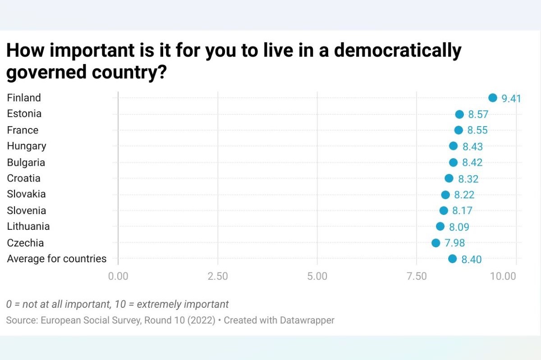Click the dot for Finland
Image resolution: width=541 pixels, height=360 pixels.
[492, 98]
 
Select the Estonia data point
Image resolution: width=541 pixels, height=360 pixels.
[459, 114]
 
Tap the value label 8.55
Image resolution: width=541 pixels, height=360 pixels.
[477, 131]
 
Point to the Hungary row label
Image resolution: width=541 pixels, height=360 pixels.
[27, 146]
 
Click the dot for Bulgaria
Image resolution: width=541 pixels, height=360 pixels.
[453, 162]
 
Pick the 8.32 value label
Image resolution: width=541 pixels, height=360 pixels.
[468, 179]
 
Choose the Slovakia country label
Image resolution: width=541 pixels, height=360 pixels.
[27, 194]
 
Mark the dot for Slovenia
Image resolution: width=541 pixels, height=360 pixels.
[444, 210]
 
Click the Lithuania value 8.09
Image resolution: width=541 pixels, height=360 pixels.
[459, 227]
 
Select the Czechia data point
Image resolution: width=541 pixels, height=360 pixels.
[436, 243]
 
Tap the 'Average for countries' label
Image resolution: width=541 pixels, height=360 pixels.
[57, 259]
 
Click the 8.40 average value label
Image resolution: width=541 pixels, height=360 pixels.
[472, 260]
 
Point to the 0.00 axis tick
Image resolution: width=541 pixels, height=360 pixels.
[118, 276]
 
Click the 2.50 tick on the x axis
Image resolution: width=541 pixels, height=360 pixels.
[218, 276]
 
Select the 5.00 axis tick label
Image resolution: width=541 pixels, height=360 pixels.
[317, 276]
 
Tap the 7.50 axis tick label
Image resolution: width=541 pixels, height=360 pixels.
[417, 276]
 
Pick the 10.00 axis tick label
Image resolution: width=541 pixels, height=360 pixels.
[503, 276]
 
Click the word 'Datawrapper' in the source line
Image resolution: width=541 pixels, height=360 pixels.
[307, 321]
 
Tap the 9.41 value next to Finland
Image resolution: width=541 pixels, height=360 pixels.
[511, 99]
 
